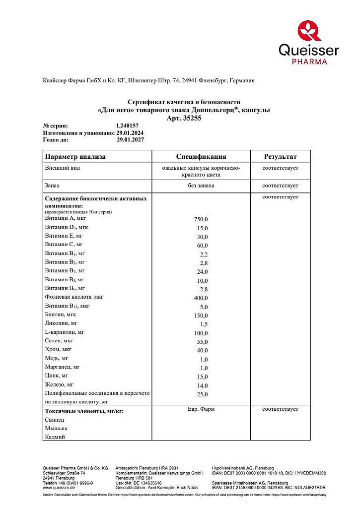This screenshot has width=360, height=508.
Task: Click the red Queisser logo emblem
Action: [309, 31]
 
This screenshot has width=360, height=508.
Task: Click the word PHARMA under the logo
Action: [309, 62]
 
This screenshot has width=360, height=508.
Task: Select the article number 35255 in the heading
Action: [193, 118]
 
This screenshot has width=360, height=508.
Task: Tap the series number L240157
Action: [128, 126]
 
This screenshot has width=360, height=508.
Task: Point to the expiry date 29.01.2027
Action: [130, 140]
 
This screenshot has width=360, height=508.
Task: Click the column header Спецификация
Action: [201, 157]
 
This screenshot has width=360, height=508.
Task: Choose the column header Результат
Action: [280, 157]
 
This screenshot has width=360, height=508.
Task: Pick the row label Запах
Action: [52, 186]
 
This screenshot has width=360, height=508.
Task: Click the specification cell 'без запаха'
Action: [201, 186]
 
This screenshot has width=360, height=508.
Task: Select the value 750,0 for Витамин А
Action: [201, 219]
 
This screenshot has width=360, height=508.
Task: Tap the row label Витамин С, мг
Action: [64, 245]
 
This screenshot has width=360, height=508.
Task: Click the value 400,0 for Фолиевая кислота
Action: [201, 298]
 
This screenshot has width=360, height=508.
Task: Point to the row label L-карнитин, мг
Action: [65, 332]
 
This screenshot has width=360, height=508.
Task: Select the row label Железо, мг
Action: [59, 384]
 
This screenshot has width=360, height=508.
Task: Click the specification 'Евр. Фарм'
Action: [201, 409]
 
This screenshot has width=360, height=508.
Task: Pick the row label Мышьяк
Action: [56, 428]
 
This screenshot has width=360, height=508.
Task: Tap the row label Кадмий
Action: [55, 437]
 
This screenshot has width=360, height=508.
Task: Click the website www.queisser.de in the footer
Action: [60, 487]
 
